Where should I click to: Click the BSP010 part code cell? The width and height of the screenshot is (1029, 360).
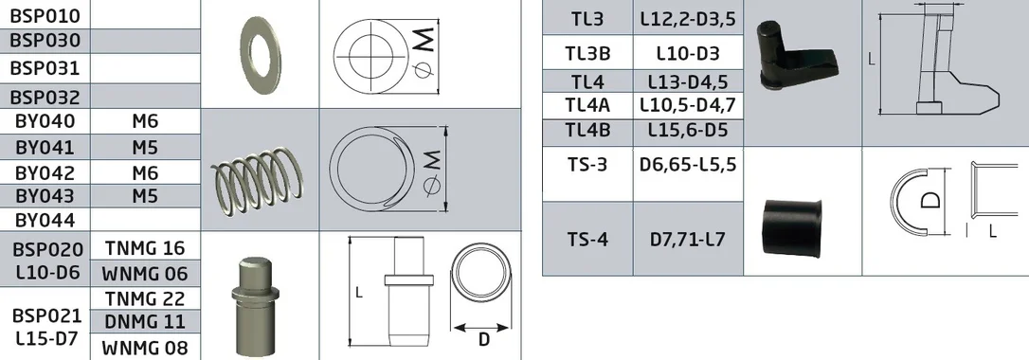coord(45,15)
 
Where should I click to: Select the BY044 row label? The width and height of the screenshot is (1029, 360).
coord(45,220)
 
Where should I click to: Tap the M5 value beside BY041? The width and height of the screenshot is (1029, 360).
coord(145,147)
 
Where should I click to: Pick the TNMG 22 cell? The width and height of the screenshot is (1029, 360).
coord(145,298)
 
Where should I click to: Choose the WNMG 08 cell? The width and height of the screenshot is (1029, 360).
coord(145,347)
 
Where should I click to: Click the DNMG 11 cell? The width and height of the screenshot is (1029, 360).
coord(145,322)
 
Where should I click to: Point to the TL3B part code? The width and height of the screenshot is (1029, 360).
coord(588,54)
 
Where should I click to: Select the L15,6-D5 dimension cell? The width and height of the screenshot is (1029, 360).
coord(688,130)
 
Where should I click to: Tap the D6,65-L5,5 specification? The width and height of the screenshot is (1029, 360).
coord(688,164)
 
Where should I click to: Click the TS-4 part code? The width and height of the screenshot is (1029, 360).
coord(588,239)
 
